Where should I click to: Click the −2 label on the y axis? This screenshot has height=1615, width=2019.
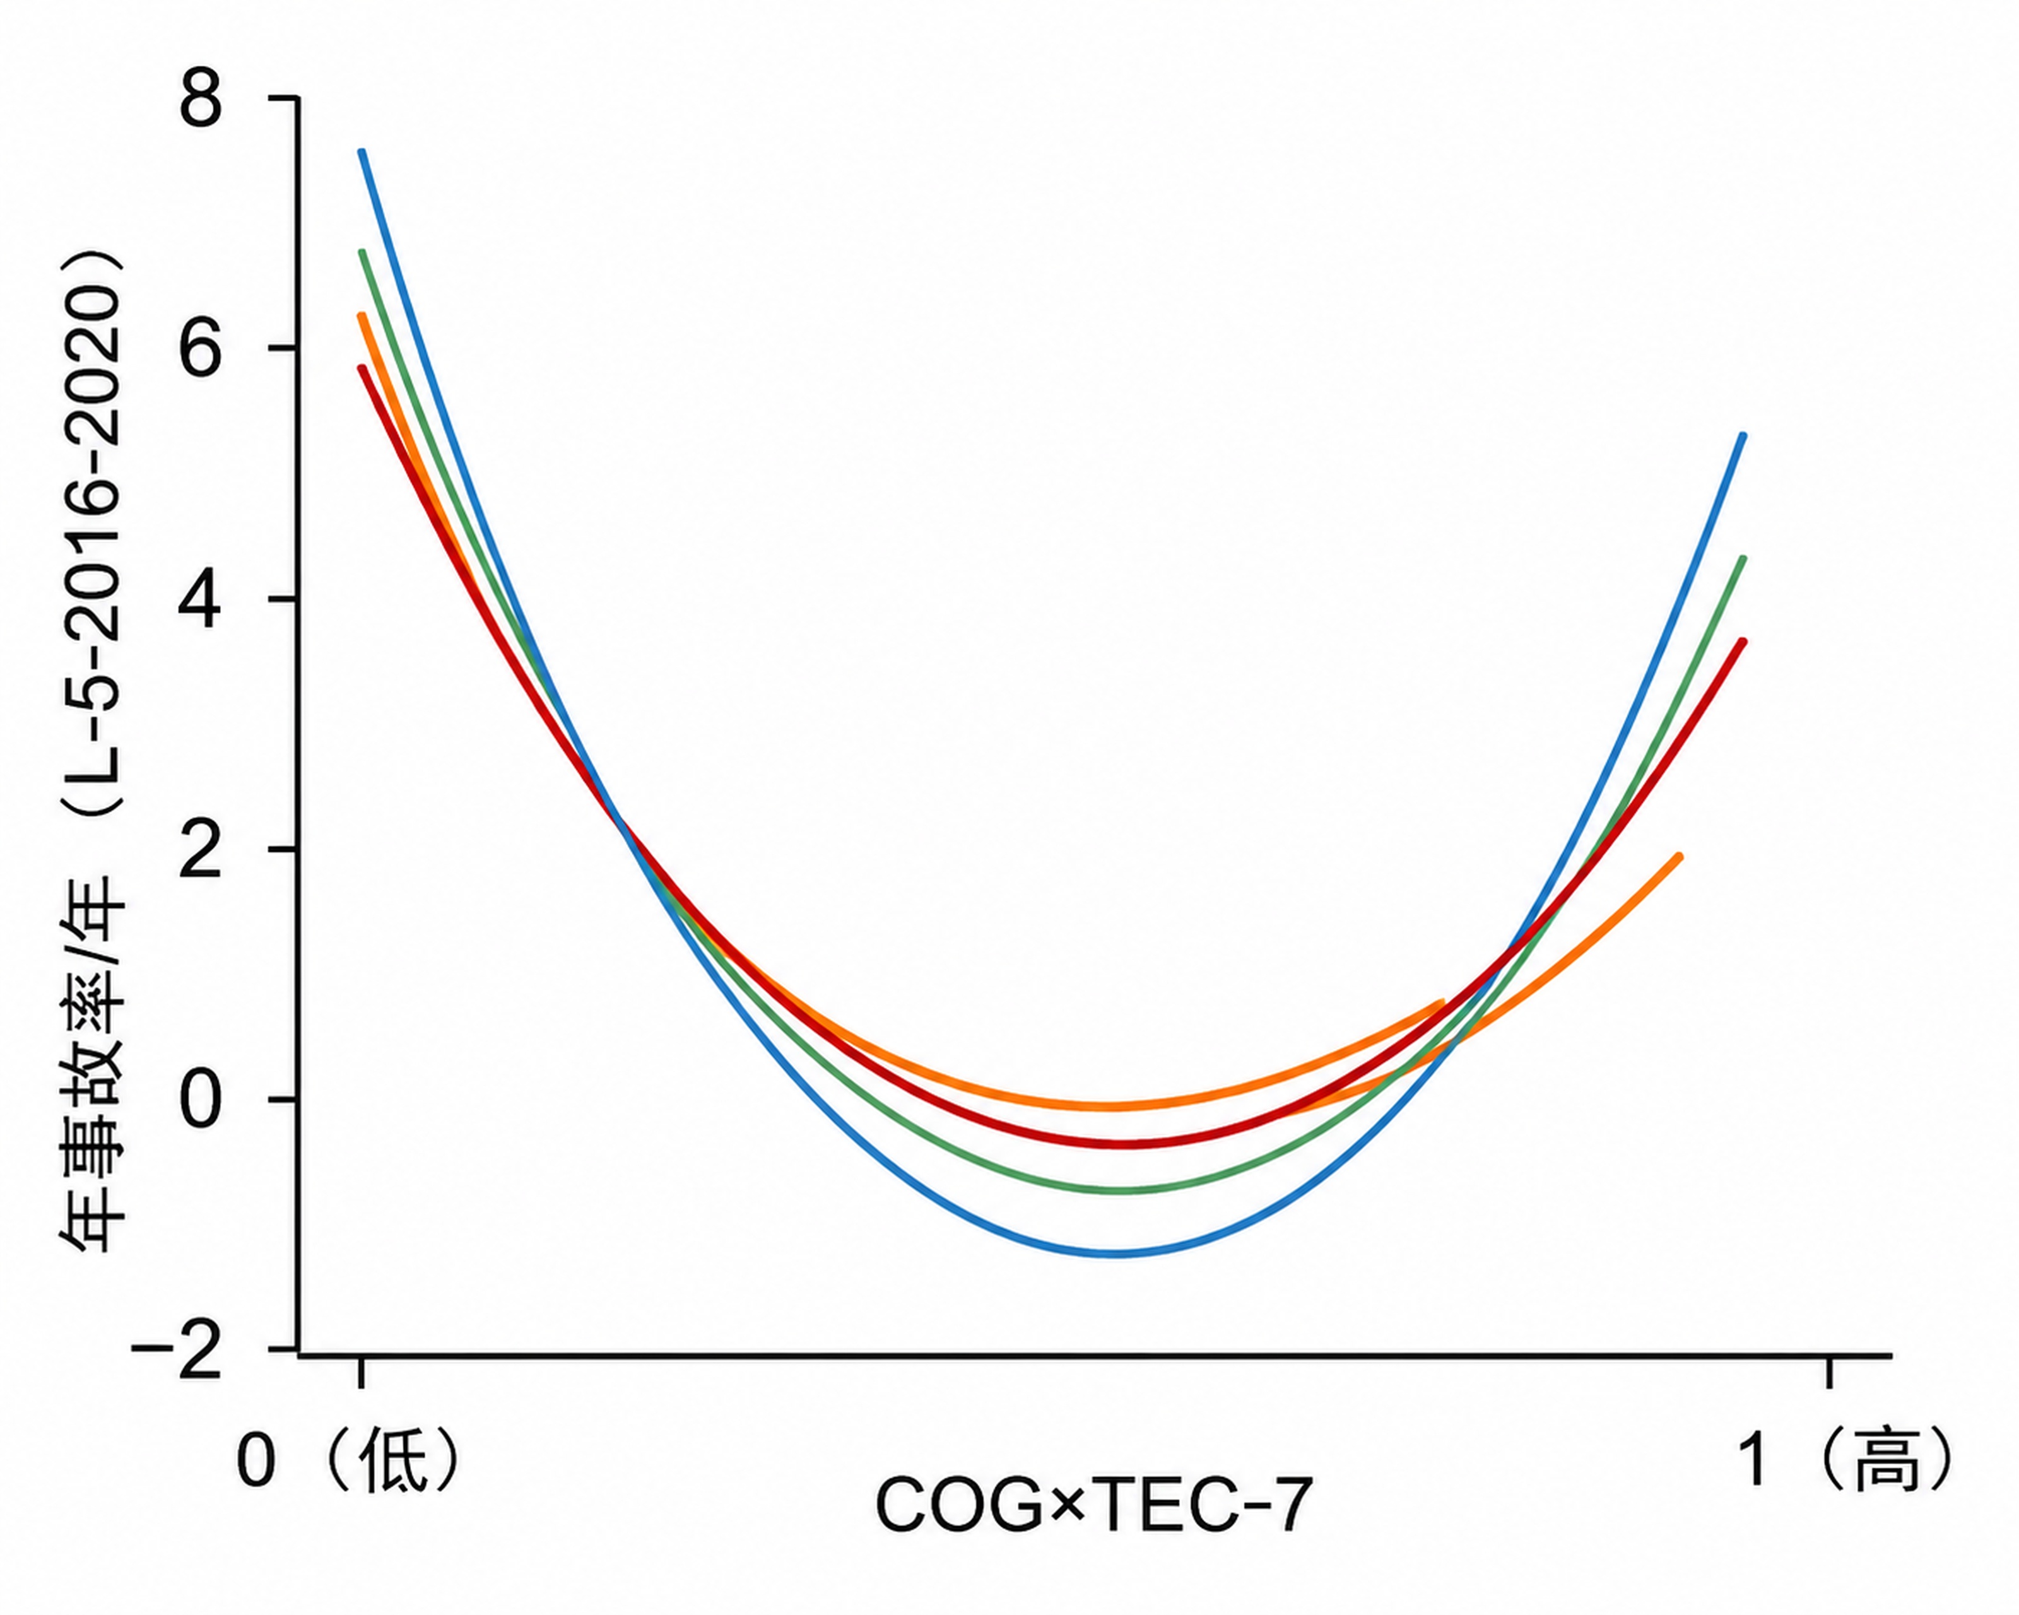pos(177,1350)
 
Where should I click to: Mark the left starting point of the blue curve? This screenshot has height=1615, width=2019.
pos(362,151)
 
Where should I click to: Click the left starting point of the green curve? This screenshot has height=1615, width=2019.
pos(362,252)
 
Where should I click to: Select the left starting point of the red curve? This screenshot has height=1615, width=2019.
pos(362,367)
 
